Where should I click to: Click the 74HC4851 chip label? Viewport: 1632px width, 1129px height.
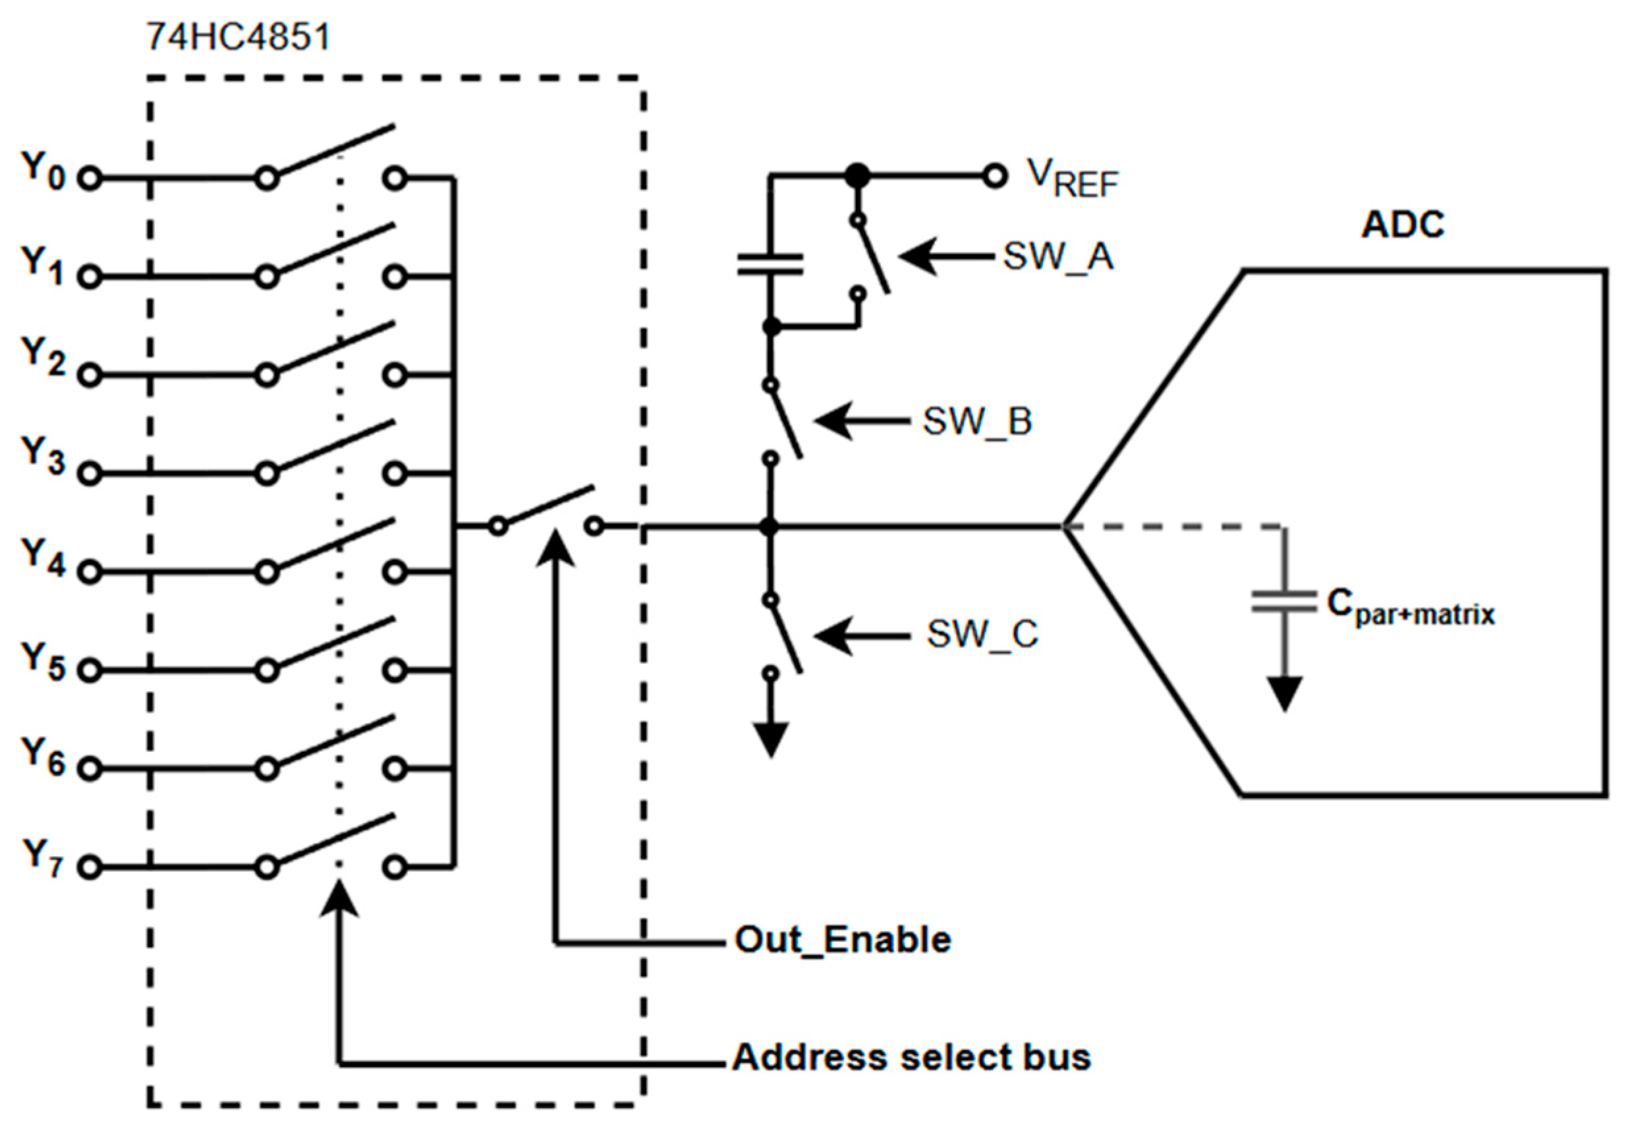tap(239, 37)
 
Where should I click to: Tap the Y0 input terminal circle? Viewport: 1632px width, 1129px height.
tap(90, 178)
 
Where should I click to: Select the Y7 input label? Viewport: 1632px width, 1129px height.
tap(42, 857)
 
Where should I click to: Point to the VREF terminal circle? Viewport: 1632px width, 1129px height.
tap(994, 175)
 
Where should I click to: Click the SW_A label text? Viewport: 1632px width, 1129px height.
tap(1058, 257)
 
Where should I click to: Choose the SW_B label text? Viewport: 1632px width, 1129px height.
tap(977, 422)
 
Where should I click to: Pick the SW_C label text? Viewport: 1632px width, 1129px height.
tap(982, 634)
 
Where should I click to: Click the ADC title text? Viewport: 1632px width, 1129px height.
tap(1402, 225)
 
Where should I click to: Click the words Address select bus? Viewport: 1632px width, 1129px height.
tap(911, 1058)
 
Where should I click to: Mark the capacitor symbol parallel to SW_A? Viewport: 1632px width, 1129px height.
tap(770, 264)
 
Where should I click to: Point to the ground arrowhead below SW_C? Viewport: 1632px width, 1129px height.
tap(771, 740)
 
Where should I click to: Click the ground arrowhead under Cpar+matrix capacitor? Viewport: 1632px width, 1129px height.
tap(1284, 693)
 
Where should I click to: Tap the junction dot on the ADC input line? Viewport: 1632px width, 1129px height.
tap(770, 527)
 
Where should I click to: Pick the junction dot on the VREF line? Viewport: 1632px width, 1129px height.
tap(858, 175)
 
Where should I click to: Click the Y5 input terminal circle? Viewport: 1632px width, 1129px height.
tap(90, 670)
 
